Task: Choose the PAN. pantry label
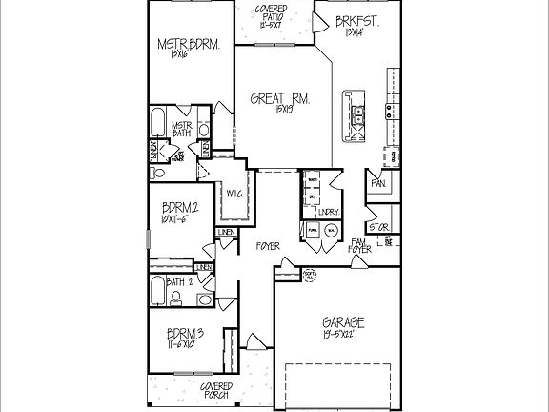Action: pos(378,183)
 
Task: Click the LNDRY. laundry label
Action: pos(329,211)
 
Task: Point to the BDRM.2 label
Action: pos(181,209)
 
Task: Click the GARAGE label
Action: pos(342,322)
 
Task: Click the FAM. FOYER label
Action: pos(359,245)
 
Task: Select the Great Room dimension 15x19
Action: pos(276,112)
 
